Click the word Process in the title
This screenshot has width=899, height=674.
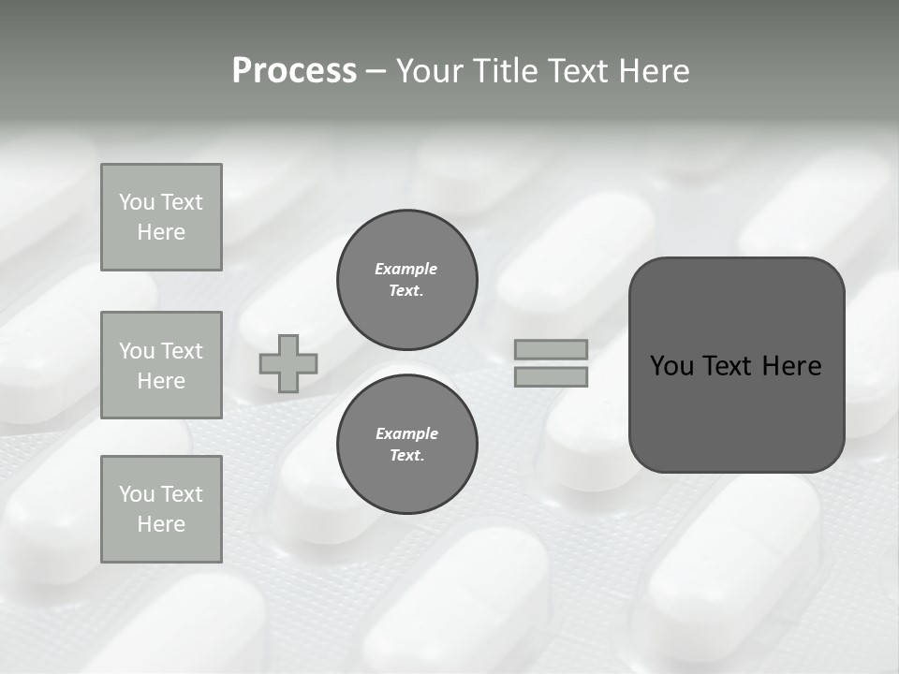point(294,71)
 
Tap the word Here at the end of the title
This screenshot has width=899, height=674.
point(653,71)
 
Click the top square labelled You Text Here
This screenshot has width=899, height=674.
point(161,217)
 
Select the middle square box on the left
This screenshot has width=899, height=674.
point(161,365)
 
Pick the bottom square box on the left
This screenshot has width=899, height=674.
point(161,509)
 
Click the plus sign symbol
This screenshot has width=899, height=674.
point(288,363)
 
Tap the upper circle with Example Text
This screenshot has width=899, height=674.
point(407,280)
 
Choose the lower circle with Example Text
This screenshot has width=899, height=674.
point(407,445)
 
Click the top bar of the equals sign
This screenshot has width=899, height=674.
point(552,349)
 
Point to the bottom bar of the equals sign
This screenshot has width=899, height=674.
point(552,376)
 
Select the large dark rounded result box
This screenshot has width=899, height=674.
point(737,365)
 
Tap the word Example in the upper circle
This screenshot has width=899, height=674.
point(406,269)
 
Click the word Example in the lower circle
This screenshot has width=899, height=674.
point(406,433)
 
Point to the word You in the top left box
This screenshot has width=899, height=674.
point(136,202)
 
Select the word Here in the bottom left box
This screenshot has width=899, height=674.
point(161,524)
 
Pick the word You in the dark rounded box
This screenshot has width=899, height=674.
point(671,366)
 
